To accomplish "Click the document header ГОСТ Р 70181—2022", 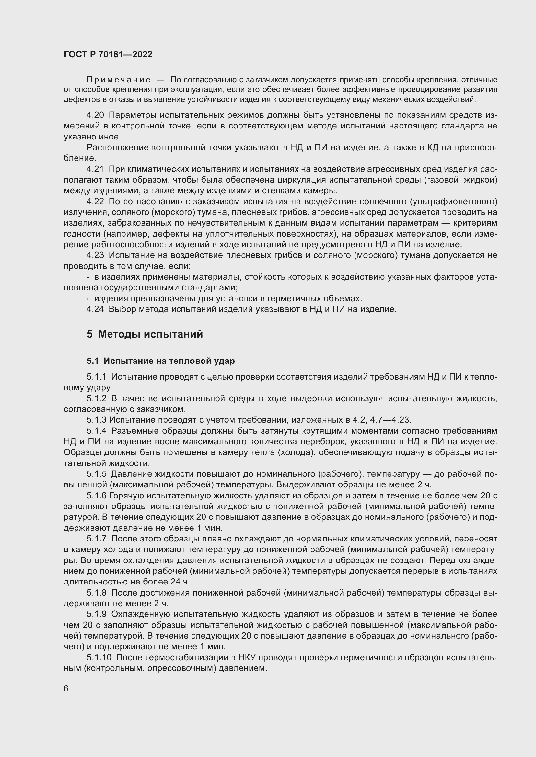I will [x=108, y=55].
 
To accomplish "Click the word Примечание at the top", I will [x=119, y=80].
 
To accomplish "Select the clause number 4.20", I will [x=95, y=115].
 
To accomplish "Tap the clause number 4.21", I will [x=95, y=169].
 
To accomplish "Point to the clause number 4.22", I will [x=95, y=201].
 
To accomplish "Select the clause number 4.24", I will [x=95, y=309].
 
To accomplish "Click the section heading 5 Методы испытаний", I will [x=145, y=334].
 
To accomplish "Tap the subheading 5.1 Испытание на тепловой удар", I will [x=161, y=361].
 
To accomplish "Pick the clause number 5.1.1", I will [x=97, y=377].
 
